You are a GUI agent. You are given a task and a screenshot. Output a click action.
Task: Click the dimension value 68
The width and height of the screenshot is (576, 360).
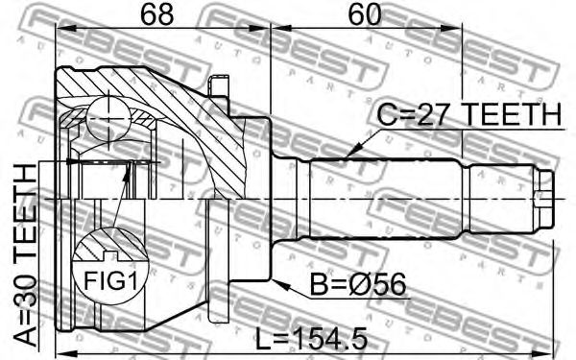(x=156, y=15)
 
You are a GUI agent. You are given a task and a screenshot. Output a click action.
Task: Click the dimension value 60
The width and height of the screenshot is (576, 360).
(x=365, y=15)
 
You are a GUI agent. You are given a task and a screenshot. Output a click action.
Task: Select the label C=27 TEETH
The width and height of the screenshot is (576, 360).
(x=469, y=114)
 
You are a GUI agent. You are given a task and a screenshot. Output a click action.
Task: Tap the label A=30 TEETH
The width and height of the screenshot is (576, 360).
(x=25, y=255)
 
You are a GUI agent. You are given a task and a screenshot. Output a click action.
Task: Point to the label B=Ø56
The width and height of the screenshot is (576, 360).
(x=358, y=284)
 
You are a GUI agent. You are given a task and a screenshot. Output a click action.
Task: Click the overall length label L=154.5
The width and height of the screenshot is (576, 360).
(x=311, y=339)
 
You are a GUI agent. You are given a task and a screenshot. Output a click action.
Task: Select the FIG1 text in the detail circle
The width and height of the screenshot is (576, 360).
(x=111, y=281)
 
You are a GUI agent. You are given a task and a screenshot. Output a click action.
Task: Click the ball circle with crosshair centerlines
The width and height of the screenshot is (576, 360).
(x=108, y=118)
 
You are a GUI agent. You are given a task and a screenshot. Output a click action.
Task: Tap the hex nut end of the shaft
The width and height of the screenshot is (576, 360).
(x=544, y=199)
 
